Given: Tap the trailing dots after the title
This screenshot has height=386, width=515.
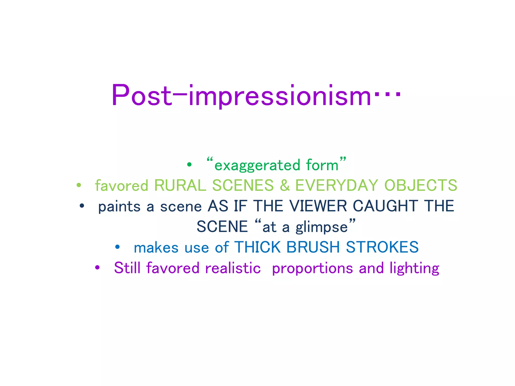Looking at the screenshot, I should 388,95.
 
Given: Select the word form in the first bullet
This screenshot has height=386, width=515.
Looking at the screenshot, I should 322,165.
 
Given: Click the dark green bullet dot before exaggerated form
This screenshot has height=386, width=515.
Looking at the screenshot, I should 189,165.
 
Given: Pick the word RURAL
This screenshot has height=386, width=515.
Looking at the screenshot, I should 180,185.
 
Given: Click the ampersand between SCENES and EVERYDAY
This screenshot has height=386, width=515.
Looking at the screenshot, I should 285,185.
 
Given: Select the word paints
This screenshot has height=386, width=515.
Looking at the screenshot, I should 119,207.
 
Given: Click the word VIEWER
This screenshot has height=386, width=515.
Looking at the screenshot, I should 318,206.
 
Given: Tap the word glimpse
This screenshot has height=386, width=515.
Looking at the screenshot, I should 322,227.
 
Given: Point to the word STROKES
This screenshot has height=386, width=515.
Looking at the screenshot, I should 382,247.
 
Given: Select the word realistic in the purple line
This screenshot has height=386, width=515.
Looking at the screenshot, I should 233,268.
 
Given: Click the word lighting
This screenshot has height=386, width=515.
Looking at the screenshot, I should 414,268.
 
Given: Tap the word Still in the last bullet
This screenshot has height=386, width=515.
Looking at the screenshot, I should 127,268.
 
